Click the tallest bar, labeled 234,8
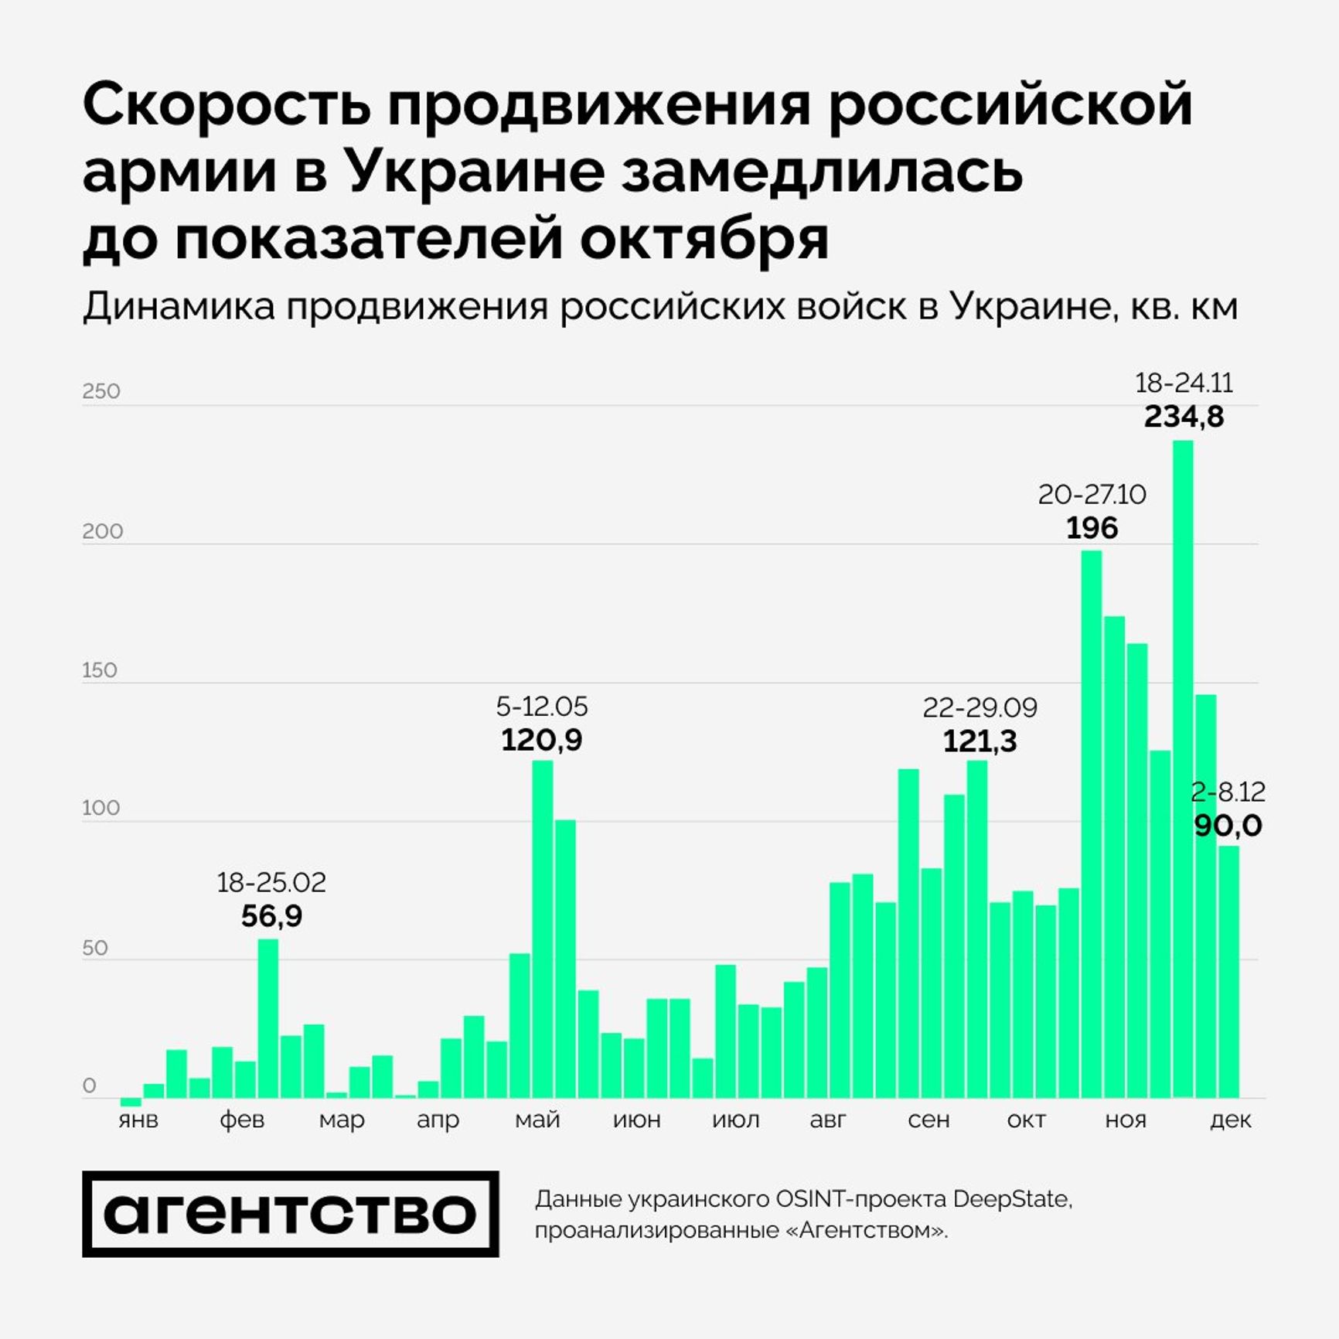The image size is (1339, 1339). coord(1182,768)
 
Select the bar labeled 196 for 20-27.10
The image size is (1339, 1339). coord(1091,823)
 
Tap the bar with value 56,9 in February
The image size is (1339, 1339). coord(267,1018)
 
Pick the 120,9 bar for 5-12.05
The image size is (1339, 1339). coord(542,928)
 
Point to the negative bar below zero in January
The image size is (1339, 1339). coord(131,1102)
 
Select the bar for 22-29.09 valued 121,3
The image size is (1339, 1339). coord(976,928)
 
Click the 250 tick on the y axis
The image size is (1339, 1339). coord(101,391)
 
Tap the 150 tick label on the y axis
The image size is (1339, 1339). coord(100,670)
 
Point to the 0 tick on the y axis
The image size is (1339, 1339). coord(90,1085)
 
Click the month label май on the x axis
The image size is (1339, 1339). coord(537,1119)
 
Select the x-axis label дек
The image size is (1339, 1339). coord(1229,1119)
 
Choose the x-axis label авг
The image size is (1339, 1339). coord(828,1119)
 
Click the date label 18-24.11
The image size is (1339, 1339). coord(1183,383)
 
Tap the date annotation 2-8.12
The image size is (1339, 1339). coord(1227,792)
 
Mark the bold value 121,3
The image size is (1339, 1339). coord(980,741)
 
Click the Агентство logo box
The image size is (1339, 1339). coord(290,1214)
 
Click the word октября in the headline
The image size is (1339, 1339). coord(704,239)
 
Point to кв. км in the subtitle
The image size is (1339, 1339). coord(1184,307)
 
